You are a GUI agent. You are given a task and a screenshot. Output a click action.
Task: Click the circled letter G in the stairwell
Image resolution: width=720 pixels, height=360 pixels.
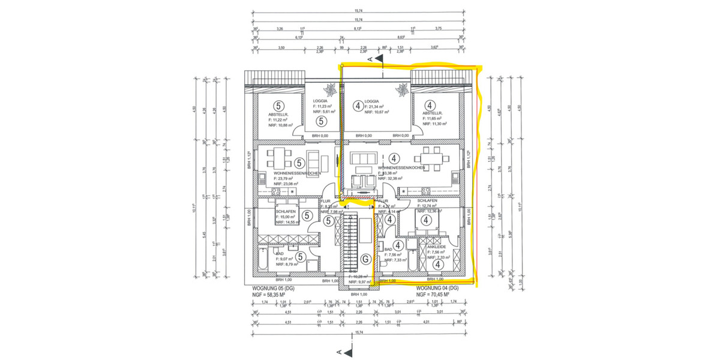[367, 259]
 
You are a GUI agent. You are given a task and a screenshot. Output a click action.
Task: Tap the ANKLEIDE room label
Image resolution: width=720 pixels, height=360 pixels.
[436, 247]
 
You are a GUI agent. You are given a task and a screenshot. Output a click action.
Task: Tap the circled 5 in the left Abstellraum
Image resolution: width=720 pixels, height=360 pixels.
[278, 106]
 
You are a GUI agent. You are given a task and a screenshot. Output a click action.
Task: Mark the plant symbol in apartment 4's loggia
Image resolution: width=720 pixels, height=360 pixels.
[399, 91]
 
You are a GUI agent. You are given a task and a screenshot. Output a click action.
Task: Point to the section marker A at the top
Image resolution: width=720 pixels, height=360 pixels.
[376, 58]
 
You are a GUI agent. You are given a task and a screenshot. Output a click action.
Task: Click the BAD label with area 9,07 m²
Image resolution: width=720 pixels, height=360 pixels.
[280, 254]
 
